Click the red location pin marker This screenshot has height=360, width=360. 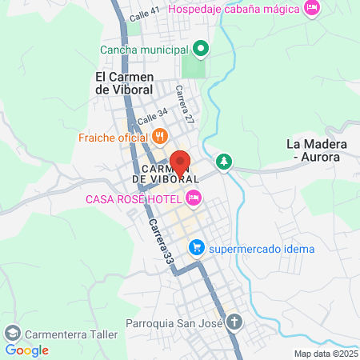(x=180, y=162)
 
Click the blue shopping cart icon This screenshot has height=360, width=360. (x=195, y=248)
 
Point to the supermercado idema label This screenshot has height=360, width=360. (x=262, y=248)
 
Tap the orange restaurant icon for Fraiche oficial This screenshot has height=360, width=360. (x=160, y=137)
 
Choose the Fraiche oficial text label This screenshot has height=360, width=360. (x=110, y=137)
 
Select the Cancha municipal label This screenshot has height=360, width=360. (x=145, y=50)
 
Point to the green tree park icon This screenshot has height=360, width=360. (x=226, y=162)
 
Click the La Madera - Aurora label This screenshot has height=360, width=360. (x=317, y=150)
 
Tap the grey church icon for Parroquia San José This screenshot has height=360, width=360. (x=234, y=323)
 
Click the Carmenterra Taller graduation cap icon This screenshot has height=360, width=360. (x=12, y=332)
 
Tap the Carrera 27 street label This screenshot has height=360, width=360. (x=185, y=104)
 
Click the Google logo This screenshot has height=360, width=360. (x=26, y=350)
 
